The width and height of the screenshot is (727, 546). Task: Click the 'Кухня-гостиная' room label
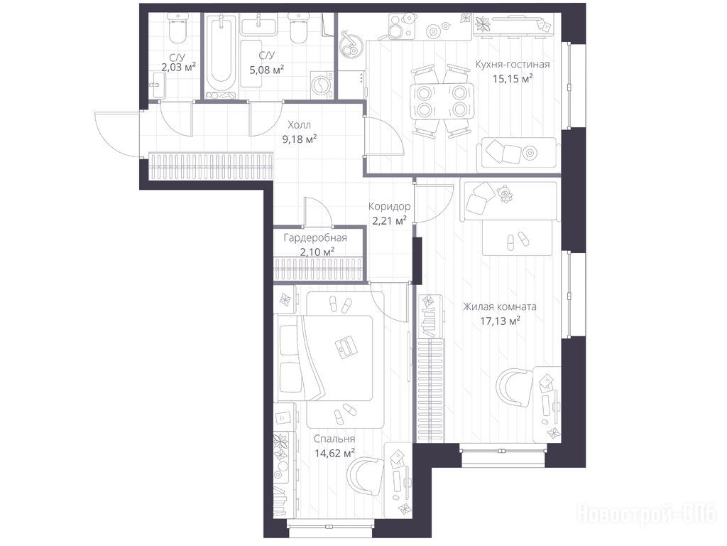513,65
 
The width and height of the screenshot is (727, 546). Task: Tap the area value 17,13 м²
500,321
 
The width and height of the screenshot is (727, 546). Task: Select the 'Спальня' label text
334,439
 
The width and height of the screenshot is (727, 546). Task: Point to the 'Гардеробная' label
315,238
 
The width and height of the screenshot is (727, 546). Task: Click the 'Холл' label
299,125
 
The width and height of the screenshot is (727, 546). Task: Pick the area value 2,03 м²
178,68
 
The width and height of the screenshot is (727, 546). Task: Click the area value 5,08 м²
267,70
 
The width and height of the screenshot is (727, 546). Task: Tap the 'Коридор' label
389,206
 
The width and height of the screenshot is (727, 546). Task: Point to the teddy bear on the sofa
505,194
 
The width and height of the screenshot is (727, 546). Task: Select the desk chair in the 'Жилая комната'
514,388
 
